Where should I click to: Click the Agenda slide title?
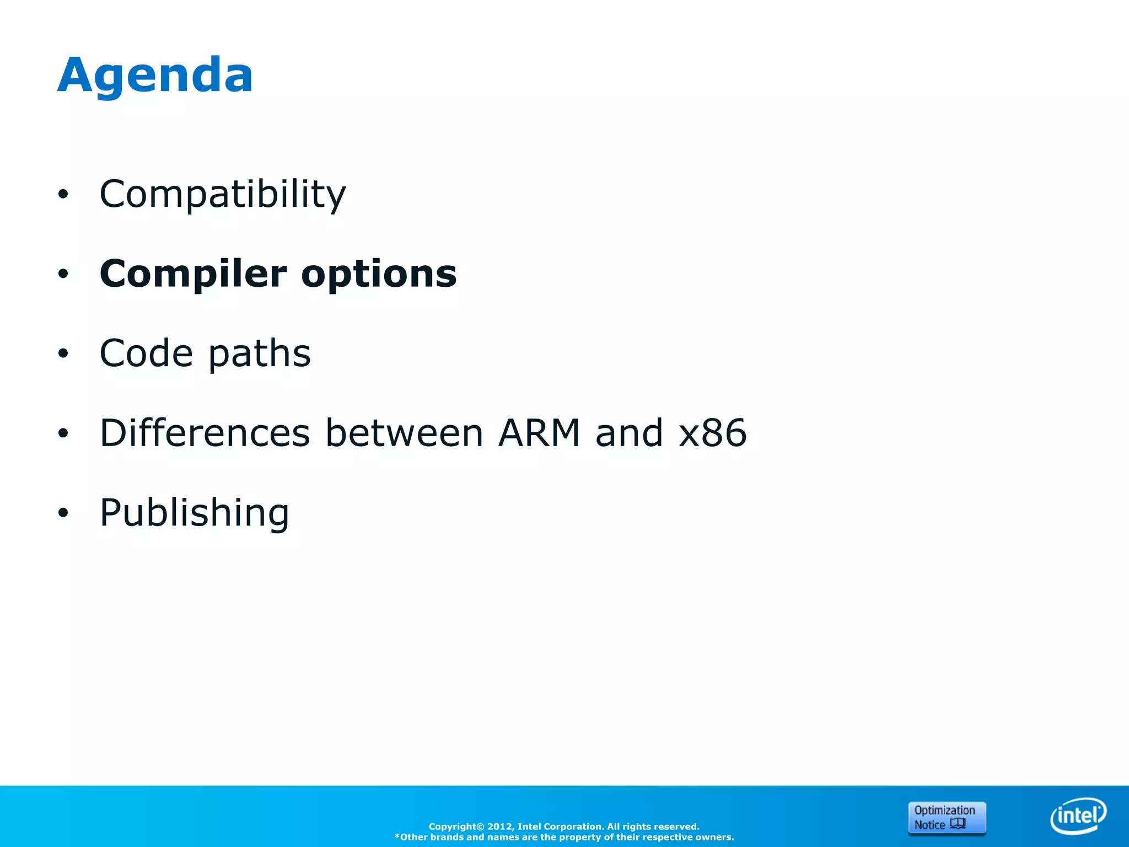pyautogui.click(x=155, y=76)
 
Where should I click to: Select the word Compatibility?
pyautogui.click(x=222, y=194)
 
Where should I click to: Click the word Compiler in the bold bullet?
pyautogui.click(x=193, y=274)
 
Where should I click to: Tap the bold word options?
pyautogui.click(x=379, y=274)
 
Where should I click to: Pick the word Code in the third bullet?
pyautogui.click(x=146, y=353)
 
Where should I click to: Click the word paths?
pyautogui.click(x=259, y=353)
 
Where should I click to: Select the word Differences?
pyautogui.click(x=205, y=433)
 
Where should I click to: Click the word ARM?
pyautogui.click(x=539, y=433)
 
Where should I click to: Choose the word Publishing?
pyautogui.click(x=194, y=513)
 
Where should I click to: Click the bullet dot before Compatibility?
pyautogui.click(x=63, y=194)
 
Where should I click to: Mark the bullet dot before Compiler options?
pyautogui.click(x=63, y=274)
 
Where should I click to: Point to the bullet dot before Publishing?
pyautogui.click(x=63, y=513)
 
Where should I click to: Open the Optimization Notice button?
pyautogui.click(x=947, y=817)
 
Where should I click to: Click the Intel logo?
pyautogui.click(x=1078, y=816)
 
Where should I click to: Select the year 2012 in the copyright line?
pyautogui.click(x=499, y=827)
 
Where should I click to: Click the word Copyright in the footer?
pyautogui.click(x=453, y=827)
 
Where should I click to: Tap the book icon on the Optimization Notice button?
pyautogui.click(x=958, y=824)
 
